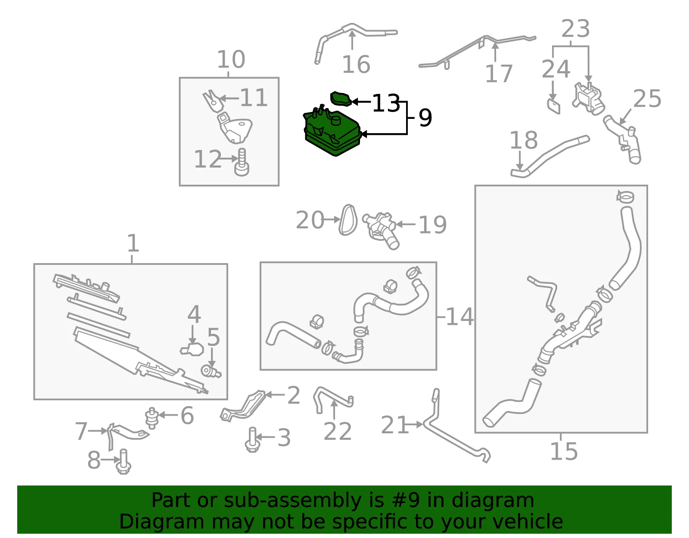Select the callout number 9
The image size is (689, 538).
click(425, 118)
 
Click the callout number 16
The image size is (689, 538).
click(356, 64)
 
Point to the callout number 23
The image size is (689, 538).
click(575, 28)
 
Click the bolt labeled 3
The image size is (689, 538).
click(252, 440)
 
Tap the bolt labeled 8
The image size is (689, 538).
click(124, 462)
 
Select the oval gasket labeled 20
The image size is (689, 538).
click(348, 220)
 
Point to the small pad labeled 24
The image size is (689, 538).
click(554, 106)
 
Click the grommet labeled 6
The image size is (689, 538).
click(152, 418)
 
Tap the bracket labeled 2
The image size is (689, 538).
click(243, 406)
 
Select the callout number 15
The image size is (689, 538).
click(564, 451)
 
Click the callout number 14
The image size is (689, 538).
click(460, 317)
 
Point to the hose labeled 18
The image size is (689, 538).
click(550, 156)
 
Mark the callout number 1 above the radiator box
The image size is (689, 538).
click(133, 243)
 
